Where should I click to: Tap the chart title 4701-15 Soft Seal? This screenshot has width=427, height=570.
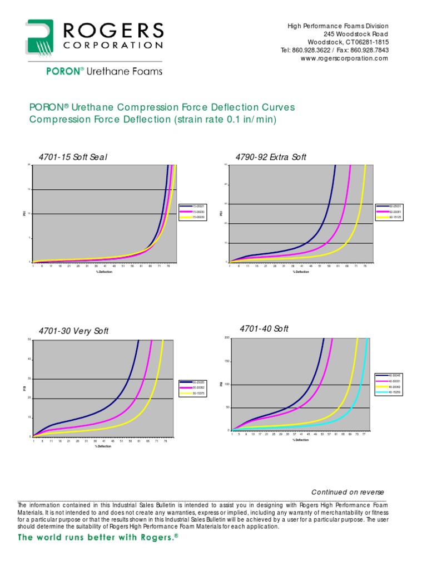click(x=72, y=158)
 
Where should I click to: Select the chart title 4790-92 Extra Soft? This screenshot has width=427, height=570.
click(x=271, y=158)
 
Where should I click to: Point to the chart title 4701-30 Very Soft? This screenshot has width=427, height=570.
click(x=73, y=331)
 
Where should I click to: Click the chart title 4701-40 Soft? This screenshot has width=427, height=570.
click(x=264, y=329)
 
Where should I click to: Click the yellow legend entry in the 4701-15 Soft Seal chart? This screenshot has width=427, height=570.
click(x=198, y=218)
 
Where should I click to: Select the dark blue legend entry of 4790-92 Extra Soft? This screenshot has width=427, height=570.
click(x=389, y=207)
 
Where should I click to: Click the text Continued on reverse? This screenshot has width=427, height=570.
click(x=347, y=492)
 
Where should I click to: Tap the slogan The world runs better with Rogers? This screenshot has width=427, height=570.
click(x=97, y=538)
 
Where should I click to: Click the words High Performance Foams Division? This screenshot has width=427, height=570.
click(x=337, y=27)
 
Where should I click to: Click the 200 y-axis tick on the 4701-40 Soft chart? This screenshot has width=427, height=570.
click(x=227, y=338)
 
